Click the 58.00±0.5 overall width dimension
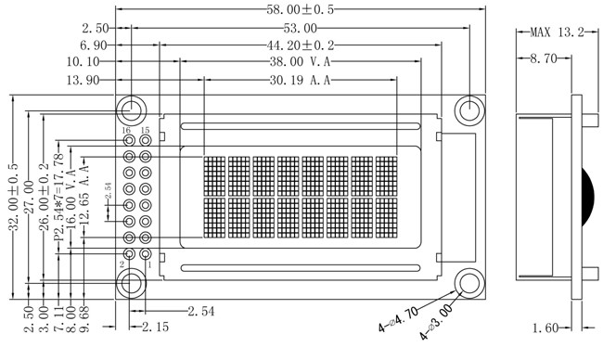pyautogui.click(x=301, y=9)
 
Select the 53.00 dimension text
pyautogui.click(x=301, y=28)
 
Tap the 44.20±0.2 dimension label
pyautogui.click(x=301, y=45)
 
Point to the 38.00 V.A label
pyautogui.click(x=300, y=61)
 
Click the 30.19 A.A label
pyautogui.click(x=300, y=80)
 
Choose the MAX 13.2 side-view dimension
pyautogui.click(x=558, y=32)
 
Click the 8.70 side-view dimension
pyautogui.click(x=544, y=58)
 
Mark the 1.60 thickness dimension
pyautogui.click(x=545, y=328)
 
